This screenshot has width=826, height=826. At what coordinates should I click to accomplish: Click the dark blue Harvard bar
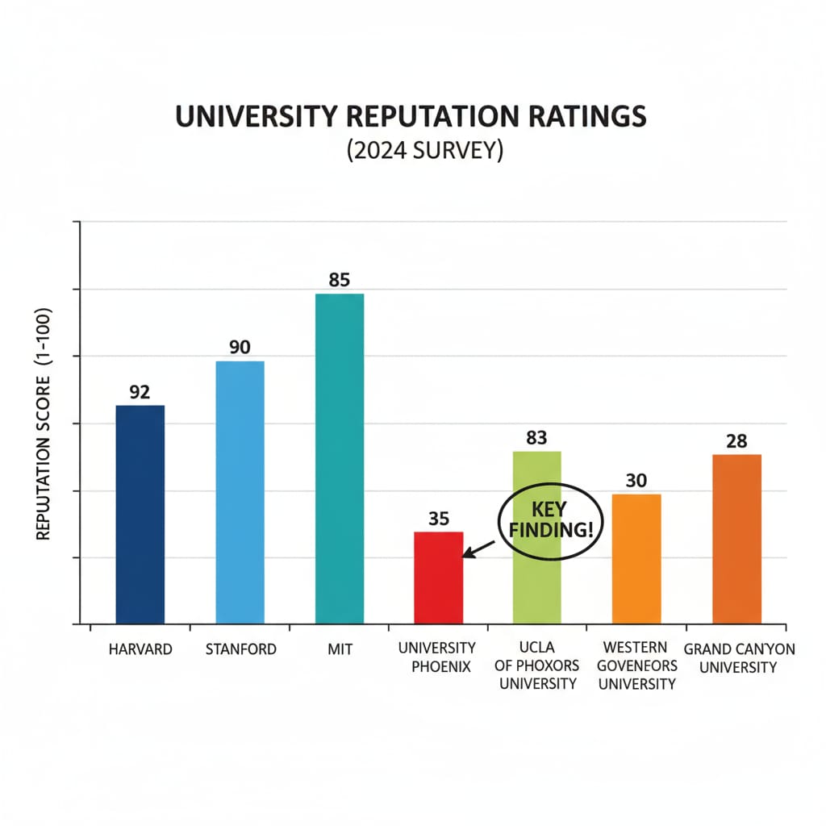click(x=140, y=514)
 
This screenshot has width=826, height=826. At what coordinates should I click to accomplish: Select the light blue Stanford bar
click(x=240, y=492)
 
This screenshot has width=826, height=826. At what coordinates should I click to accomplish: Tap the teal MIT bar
click(x=340, y=458)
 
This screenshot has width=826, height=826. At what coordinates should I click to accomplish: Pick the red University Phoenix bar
click(x=438, y=578)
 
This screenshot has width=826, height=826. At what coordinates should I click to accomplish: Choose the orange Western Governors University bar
click(x=636, y=558)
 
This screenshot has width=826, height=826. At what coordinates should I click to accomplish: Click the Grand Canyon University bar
click(x=736, y=539)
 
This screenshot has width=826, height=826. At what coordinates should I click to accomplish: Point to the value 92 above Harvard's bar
click(x=140, y=393)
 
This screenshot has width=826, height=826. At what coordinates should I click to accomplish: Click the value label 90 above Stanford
click(x=240, y=348)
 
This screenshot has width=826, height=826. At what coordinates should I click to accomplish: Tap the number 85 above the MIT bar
click(x=340, y=281)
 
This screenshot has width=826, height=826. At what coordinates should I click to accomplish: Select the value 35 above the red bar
click(x=438, y=519)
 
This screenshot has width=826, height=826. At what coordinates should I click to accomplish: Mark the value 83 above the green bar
click(x=536, y=438)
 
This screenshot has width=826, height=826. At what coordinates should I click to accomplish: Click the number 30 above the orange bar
click(x=636, y=481)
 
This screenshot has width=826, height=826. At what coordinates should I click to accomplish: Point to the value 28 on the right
click(x=736, y=441)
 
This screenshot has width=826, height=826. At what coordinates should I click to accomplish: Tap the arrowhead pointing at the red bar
click(x=466, y=555)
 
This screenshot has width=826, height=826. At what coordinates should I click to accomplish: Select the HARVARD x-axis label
click(x=140, y=649)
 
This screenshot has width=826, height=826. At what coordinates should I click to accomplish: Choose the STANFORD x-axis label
click(x=240, y=649)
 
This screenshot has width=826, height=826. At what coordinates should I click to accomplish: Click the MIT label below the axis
click(x=340, y=649)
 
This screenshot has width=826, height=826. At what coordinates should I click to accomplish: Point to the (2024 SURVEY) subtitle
click(x=412, y=152)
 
